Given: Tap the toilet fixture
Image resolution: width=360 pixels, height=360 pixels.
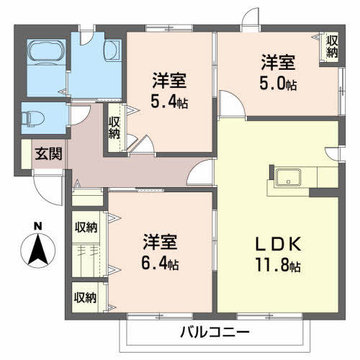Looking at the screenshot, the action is [x=33, y=118].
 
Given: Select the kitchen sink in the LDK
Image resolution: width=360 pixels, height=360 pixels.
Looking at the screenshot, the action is [x=288, y=178].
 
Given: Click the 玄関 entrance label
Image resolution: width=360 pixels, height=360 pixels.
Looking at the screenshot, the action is [x=48, y=154].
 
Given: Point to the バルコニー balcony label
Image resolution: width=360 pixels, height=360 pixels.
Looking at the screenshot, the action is [x=215, y=332].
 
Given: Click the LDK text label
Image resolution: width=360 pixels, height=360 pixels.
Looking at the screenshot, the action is [x=278, y=244].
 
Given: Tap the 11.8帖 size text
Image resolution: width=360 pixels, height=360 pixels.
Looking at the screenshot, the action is [x=278, y=265].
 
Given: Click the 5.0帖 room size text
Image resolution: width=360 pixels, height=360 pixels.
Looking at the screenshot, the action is [x=278, y=83].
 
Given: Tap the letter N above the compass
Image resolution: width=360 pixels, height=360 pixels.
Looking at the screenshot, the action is [x=37, y=226].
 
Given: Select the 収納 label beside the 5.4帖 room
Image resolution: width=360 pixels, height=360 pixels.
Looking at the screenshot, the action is [x=114, y=128].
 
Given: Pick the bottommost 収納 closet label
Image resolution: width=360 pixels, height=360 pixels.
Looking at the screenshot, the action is [x=86, y=298].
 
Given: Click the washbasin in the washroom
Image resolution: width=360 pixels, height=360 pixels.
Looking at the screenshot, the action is [x=112, y=52].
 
